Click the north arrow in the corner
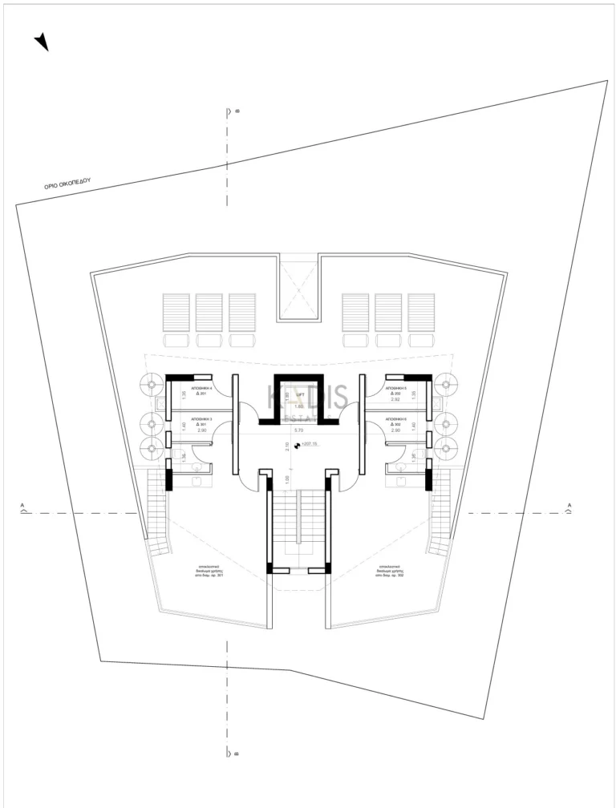click(41, 42)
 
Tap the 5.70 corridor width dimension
click(299, 430)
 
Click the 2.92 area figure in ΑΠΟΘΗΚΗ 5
click(395, 399)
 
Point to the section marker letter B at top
click(237, 111)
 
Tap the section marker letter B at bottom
click(237, 754)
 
